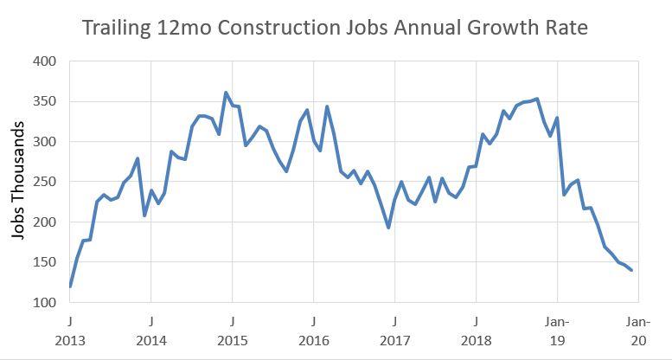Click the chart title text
[335, 28]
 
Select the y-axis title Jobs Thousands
[18, 181]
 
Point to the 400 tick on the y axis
[44, 61]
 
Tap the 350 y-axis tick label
[44, 102]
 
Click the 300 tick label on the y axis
[44, 142]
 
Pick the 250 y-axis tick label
[44, 182]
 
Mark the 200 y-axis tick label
[44, 222]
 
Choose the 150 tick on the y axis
[44, 262]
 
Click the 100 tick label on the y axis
[44, 303]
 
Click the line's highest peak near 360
[226, 93]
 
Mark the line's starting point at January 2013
[70, 286]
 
